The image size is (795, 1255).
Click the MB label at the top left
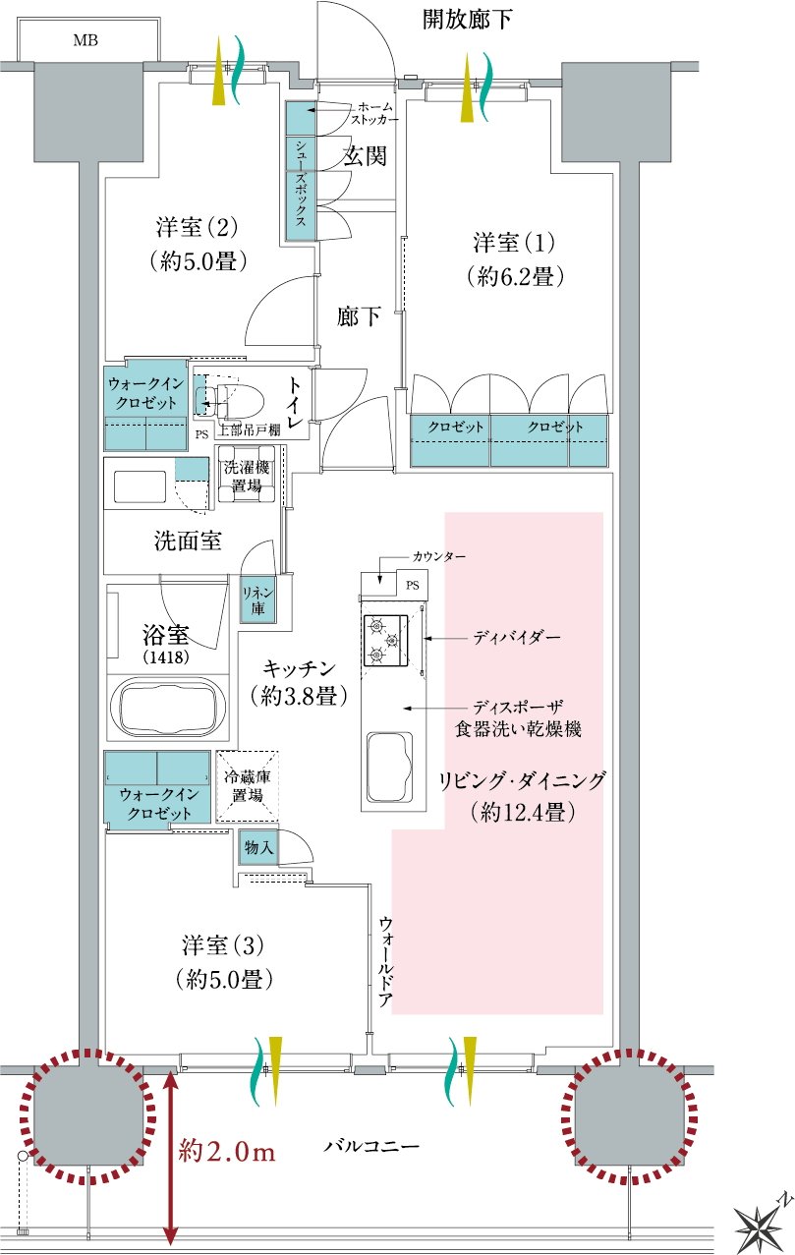point(85,40)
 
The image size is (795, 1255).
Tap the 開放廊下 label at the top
point(467,20)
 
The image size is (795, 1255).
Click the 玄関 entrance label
point(365,155)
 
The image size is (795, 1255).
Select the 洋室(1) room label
point(514,243)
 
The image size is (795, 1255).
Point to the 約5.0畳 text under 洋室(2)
point(199,261)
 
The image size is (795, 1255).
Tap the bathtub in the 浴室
point(168,707)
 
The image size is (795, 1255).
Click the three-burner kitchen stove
point(386,640)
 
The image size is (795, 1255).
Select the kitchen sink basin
point(389,767)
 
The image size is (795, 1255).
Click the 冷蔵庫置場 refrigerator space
point(247,786)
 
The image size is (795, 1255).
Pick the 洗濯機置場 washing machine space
point(247,475)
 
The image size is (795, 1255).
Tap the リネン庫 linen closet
point(257,599)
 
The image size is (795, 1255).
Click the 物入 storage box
point(258,847)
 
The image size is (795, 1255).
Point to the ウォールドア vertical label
point(385,961)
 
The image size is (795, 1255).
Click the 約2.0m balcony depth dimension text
point(227,1152)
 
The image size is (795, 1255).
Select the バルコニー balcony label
point(371,1145)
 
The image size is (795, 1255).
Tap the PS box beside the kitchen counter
point(413,585)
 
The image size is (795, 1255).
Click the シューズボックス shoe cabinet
point(301,170)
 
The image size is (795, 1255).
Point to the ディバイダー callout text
point(517,637)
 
